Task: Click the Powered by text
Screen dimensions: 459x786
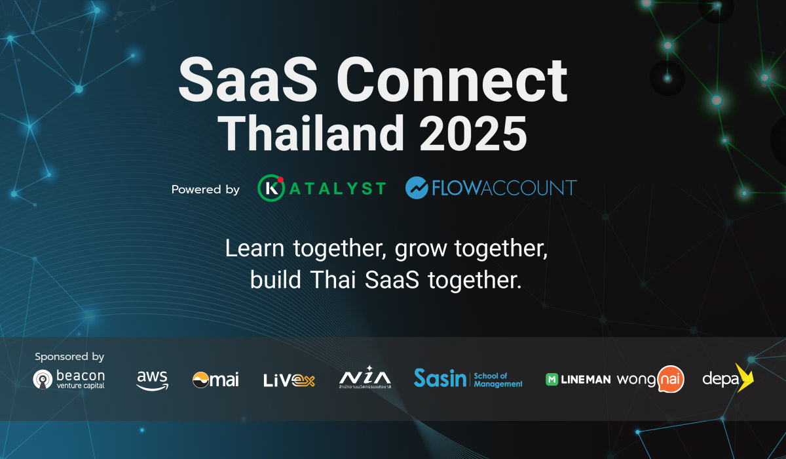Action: click(206, 190)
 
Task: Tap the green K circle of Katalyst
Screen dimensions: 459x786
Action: click(270, 188)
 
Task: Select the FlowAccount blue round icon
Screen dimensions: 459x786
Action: click(417, 188)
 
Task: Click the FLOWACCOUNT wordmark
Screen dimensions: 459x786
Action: click(503, 188)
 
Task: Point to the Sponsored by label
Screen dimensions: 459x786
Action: click(69, 357)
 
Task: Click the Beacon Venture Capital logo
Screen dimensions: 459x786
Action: click(69, 379)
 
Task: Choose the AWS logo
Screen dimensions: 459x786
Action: click(152, 380)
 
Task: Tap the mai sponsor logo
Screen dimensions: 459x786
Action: click(215, 380)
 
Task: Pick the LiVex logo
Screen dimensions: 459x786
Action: click(289, 380)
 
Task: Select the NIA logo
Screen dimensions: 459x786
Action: click(365, 378)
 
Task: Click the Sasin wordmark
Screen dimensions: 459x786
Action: click(440, 378)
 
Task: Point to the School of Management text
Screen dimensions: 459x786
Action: click(498, 380)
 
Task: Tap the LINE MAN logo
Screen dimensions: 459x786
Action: click(578, 379)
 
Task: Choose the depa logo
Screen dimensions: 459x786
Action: click(728, 378)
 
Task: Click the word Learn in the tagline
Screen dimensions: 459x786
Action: click(256, 249)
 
